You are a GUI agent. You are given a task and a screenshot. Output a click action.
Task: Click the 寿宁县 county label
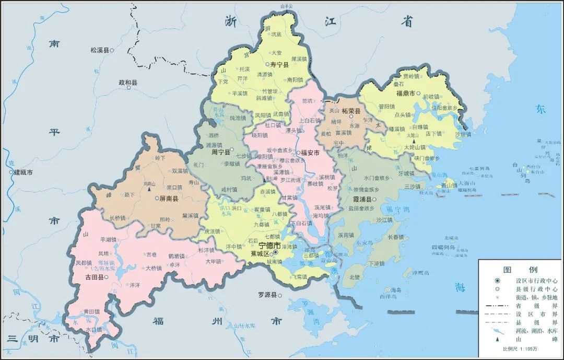(280, 64)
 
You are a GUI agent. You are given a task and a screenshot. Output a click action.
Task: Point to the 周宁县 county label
(220, 153)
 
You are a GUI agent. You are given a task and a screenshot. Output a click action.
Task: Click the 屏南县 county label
(168, 199)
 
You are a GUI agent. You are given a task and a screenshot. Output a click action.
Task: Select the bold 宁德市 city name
(269, 245)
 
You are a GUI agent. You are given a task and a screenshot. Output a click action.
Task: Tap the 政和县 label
(128, 83)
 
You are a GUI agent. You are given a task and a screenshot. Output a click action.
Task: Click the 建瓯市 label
(23, 172)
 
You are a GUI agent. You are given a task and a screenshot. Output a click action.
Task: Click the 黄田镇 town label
(92, 311)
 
